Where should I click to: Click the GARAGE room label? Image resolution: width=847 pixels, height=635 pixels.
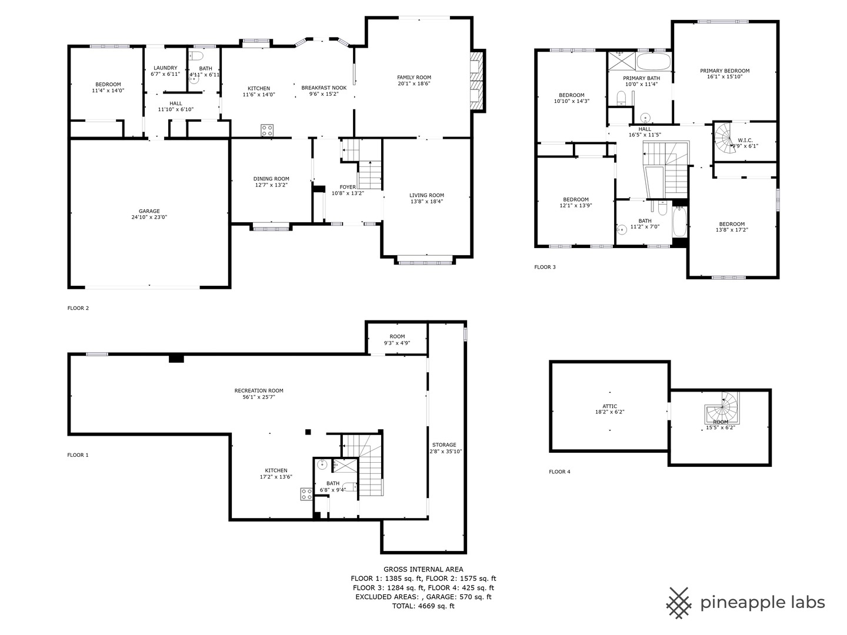click(x=149, y=211)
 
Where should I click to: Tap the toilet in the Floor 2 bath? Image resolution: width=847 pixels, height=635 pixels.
click(x=196, y=56)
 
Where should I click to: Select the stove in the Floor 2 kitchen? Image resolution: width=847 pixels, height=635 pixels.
click(x=267, y=130)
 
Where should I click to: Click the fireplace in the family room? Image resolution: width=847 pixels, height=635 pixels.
click(x=478, y=81)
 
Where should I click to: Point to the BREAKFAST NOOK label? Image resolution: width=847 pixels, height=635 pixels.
click(x=324, y=88)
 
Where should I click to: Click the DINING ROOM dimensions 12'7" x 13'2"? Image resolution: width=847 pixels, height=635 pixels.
click(x=271, y=185)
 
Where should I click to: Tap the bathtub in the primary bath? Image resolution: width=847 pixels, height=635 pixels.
click(x=653, y=62)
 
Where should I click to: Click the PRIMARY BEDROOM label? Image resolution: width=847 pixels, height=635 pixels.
click(x=725, y=71)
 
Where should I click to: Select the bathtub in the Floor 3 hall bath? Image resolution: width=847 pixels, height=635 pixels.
click(x=679, y=222)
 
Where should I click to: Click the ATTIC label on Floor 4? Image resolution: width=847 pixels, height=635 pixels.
click(x=610, y=406)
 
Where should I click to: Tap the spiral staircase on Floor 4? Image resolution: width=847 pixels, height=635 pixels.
click(x=722, y=408)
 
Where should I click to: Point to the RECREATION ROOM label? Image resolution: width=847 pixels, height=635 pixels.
click(x=259, y=390)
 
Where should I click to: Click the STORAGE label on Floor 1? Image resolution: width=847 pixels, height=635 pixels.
click(x=444, y=444)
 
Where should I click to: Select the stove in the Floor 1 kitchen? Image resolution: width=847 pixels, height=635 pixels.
click(x=306, y=494)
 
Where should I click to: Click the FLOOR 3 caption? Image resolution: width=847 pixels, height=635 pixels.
click(x=545, y=267)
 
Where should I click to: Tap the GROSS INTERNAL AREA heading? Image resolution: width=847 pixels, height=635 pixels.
click(x=423, y=569)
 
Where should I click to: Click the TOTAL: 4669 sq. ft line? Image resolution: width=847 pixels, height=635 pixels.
click(x=423, y=606)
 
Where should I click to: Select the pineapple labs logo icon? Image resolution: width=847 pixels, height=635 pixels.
click(x=679, y=603)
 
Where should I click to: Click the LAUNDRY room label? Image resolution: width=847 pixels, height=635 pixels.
click(x=165, y=68)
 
